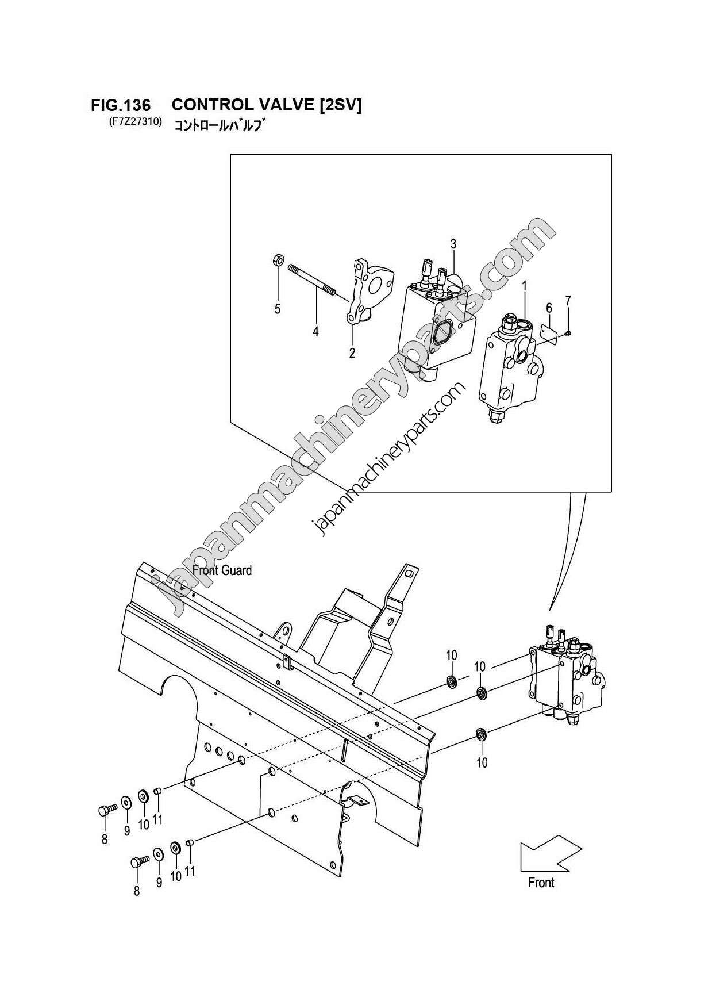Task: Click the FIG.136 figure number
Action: pyautogui.click(x=121, y=105)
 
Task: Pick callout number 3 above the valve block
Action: pyautogui.click(x=453, y=244)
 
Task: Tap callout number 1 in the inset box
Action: pyautogui.click(x=524, y=285)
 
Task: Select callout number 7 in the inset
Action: pyautogui.click(x=568, y=300)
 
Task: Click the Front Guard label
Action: pyautogui.click(x=222, y=570)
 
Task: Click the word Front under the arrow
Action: pyautogui.click(x=541, y=883)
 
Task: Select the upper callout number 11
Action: pyautogui.click(x=157, y=819)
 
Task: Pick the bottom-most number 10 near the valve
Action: pyautogui.click(x=482, y=762)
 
